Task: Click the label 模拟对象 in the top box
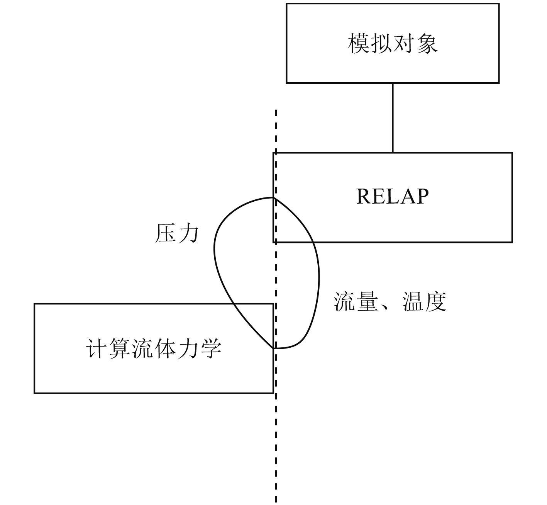pyautogui.click(x=393, y=43)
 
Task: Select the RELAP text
pyautogui.click(x=392, y=196)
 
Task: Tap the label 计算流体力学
pyautogui.click(x=153, y=349)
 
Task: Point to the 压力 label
pyautogui.click(x=177, y=233)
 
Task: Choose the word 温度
pyautogui.click(x=424, y=301)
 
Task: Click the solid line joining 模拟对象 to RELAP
pyautogui.click(x=393, y=118)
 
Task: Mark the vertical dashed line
pyautogui.click(x=276, y=444)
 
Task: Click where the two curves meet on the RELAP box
pyautogui.click(x=274, y=198)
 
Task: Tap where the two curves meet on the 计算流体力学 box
pyautogui.click(x=274, y=348)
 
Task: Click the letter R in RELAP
pyautogui.click(x=363, y=196)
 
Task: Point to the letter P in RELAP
pyautogui.click(x=422, y=196)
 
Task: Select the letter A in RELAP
pyautogui.click(x=408, y=196)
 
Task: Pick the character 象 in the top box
pyautogui.click(x=427, y=43)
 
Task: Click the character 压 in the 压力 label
pyautogui.click(x=166, y=233)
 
